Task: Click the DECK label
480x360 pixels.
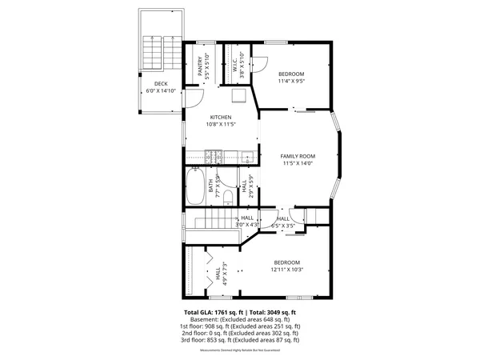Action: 161,83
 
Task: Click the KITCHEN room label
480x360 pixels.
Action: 221,118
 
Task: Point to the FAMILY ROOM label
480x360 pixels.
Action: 298,156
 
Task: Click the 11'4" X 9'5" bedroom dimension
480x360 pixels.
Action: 291,81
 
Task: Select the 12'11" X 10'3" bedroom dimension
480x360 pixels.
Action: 286,270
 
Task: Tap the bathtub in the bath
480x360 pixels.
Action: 195,187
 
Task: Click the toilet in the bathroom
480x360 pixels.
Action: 228,197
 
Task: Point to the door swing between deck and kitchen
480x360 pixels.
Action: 194,98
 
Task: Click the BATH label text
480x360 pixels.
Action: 211,187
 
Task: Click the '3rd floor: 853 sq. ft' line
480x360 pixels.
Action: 240,340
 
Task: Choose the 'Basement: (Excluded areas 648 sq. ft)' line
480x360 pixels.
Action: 240,319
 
